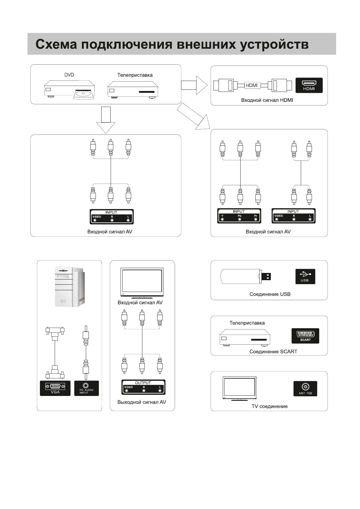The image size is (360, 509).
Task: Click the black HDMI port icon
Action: click(309, 85)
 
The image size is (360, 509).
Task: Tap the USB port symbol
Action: click(305, 276)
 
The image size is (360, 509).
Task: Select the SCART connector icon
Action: click(305, 336)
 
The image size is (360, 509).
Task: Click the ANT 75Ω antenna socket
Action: click(305, 388)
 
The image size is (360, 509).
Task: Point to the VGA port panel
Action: click(55, 388)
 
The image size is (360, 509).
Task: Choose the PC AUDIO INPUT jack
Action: click(86, 388)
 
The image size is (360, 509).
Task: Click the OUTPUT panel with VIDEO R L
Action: click(143, 387)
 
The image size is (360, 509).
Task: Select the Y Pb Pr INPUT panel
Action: click(239, 216)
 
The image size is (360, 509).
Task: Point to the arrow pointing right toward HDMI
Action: click(194, 85)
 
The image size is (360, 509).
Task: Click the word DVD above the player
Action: click(69, 75)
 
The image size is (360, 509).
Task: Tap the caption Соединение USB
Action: click(270, 294)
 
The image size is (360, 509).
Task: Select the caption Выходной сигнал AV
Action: click(142, 402)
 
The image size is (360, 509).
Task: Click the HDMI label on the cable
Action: click(252, 86)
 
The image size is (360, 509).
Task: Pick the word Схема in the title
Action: click(56, 44)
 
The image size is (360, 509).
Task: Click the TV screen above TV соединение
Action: click(239, 388)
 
